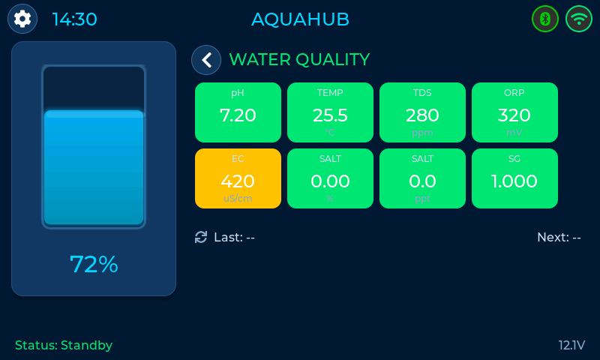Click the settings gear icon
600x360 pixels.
coord(22,19)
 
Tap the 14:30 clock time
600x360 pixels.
coord(74,19)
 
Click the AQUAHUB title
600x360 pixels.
coord(300,19)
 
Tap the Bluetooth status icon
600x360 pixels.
coord(545,19)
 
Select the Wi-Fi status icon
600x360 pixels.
coord(579,19)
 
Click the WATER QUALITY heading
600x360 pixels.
coord(298,60)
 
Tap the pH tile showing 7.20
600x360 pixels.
coord(238,112)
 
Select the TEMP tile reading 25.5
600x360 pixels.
coord(330,112)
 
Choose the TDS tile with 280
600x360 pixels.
coord(422,112)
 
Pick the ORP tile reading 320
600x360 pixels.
coord(514,112)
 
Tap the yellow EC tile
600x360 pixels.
coord(238,178)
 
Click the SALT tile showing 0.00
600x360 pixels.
coord(330,178)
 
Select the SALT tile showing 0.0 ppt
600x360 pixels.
coord(422,178)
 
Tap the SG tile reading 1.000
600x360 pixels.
coord(514,178)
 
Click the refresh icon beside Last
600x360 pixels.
coord(201,237)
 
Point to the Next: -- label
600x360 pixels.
coord(559,237)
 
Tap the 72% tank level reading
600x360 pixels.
coord(94,264)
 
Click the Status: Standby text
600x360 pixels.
coord(64,345)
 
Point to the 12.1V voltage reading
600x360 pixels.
coord(571,345)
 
